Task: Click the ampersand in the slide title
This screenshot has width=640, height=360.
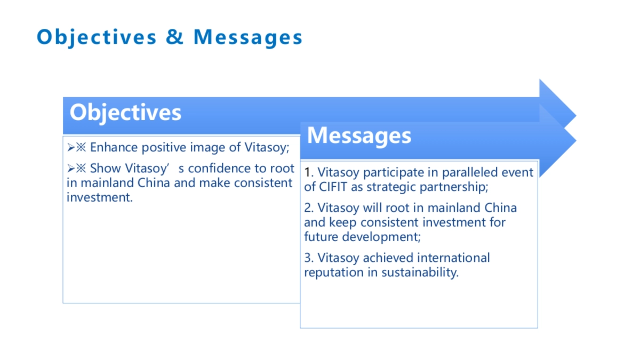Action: coord(174,37)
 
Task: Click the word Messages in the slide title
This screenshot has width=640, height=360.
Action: coord(247,37)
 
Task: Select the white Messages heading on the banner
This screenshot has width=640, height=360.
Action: coord(359,135)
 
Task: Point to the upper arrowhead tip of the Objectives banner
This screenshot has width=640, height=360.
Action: coord(576,116)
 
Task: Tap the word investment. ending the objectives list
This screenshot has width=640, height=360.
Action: coord(100,197)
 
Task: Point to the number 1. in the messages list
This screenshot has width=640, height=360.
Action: coord(309,173)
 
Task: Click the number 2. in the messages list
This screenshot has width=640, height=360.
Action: coord(309,208)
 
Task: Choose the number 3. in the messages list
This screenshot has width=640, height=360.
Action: coord(309,258)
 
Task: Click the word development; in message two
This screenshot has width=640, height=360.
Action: coord(381,237)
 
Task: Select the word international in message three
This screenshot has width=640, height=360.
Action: coord(453,258)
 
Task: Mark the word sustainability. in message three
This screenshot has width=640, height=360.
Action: coord(420,273)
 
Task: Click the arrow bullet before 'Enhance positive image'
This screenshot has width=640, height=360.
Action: coord(71,148)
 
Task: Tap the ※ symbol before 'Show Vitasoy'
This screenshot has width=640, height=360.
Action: coord(81,169)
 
